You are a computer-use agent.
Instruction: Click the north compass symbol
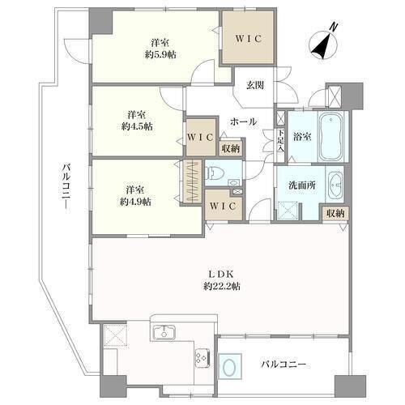click(323, 44)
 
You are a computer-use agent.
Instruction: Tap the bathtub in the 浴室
click(330, 137)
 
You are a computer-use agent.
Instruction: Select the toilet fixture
click(213, 173)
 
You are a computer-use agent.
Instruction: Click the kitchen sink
click(164, 332)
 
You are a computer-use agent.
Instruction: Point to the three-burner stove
click(202, 358)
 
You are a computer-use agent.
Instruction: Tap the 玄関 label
click(255, 85)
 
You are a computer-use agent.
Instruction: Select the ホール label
click(243, 122)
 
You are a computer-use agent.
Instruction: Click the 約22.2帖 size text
click(222, 286)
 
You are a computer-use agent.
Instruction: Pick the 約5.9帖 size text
click(160, 55)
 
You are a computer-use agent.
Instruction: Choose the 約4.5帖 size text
click(137, 126)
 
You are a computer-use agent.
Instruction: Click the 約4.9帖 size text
click(135, 202)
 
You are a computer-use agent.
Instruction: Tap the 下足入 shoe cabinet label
click(281, 141)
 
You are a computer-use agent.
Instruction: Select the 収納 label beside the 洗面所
click(335, 214)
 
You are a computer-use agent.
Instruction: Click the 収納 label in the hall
click(231, 148)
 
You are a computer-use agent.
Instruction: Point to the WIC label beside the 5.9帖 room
click(249, 39)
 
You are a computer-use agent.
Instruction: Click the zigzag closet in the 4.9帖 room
click(193, 181)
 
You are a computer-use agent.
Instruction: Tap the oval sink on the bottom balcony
click(229, 367)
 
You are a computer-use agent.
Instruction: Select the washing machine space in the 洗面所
click(287, 211)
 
